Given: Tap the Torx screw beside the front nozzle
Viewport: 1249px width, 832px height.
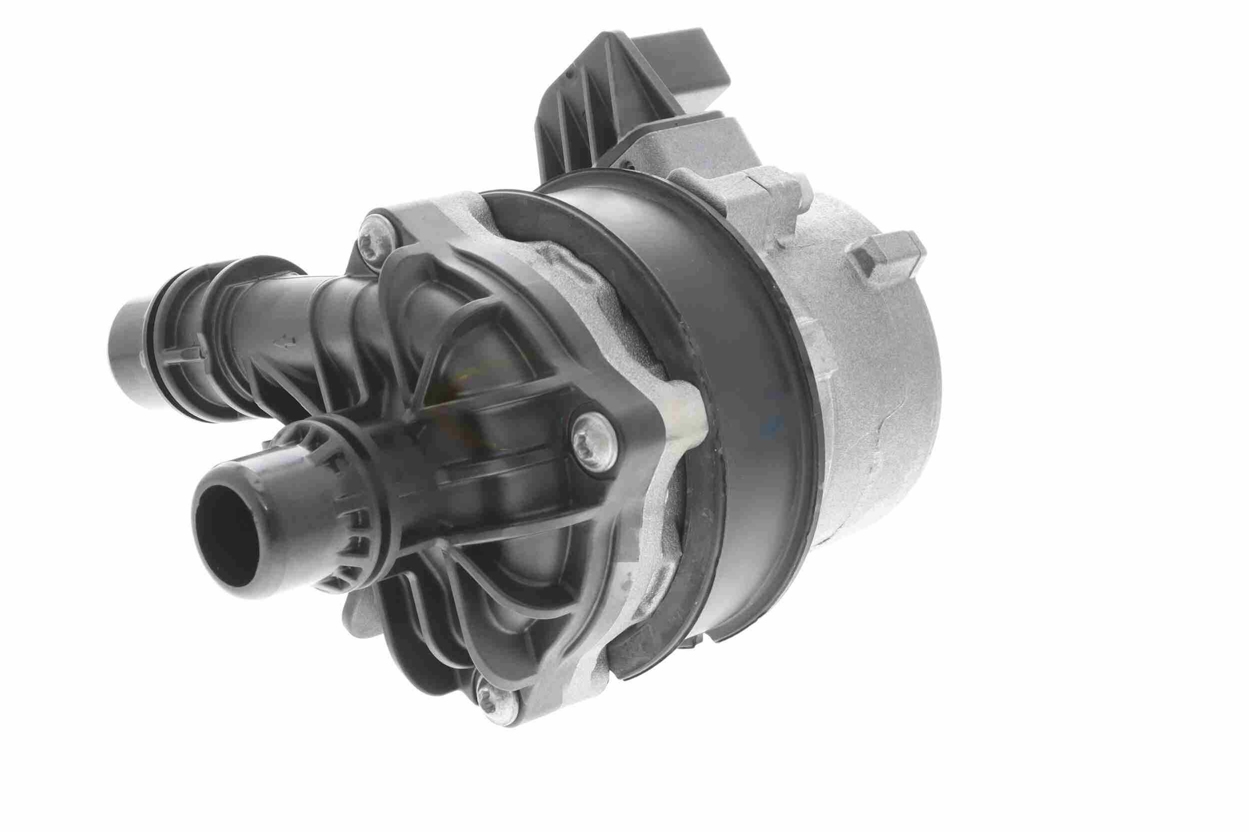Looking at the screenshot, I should click(x=595, y=436).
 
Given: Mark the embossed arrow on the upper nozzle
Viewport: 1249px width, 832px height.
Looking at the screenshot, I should click(x=287, y=340).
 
